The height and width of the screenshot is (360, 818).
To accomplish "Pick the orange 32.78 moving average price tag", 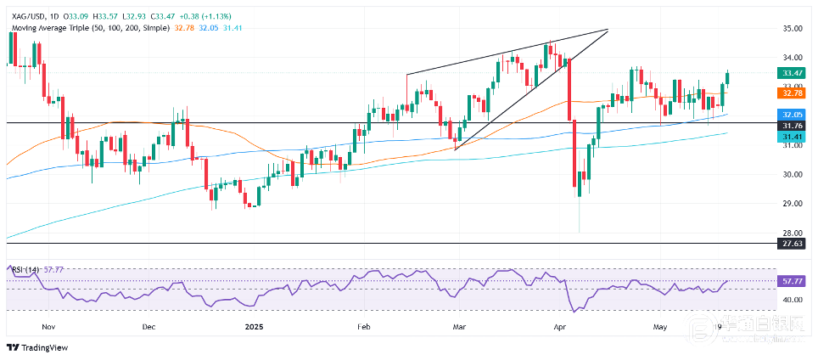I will [792, 93].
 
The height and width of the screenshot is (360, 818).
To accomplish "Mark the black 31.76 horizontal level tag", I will [792, 125].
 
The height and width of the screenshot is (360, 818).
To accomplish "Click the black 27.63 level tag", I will [792, 244].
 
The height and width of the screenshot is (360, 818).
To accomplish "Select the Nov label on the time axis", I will [48, 326].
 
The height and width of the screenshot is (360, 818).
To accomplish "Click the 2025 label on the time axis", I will [255, 326].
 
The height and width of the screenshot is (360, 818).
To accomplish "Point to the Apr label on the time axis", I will [558, 326].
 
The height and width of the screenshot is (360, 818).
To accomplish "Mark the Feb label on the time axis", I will [365, 326].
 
